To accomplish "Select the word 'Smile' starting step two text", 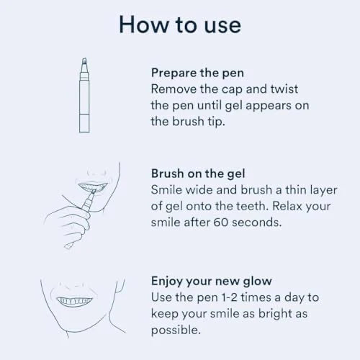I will pos(167,189).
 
